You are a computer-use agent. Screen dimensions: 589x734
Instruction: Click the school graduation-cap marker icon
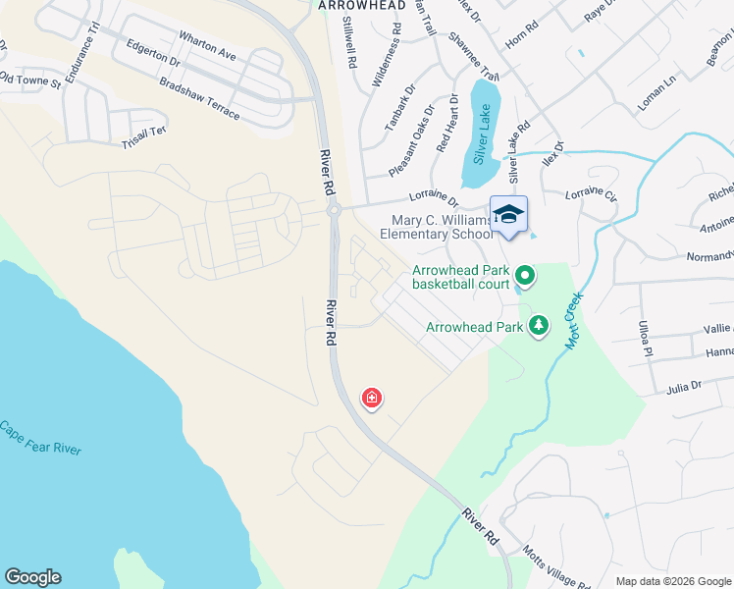pyautogui.click(x=508, y=215)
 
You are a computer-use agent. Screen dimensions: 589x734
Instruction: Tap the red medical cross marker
pyautogui.click(x=372, y=398)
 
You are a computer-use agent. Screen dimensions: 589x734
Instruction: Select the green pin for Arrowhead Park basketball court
pyautogui.click(x=524, y=277)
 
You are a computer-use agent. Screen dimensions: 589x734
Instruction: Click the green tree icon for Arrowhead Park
pyautogui.click(x=538, y=325)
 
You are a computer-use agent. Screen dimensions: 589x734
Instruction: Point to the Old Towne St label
pyautogui.click(x=29, y=79)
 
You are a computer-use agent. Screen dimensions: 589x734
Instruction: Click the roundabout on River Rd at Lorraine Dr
pyautogui.click(x=334, y=209)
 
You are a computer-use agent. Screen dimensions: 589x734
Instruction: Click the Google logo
pyautogui.click(x=33, y=577)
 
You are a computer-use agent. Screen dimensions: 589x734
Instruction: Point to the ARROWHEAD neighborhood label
pyautogui.click(x=363, y=6)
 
